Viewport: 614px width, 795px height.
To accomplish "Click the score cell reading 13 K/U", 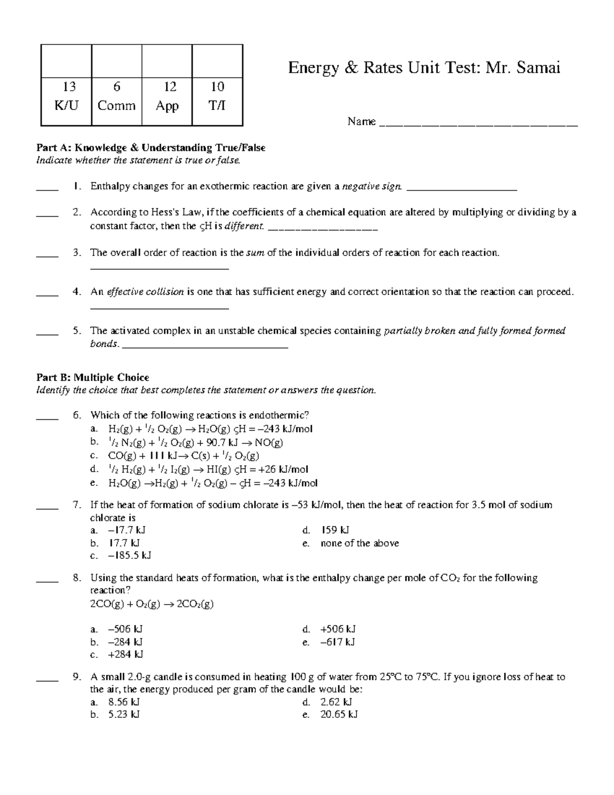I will [66, 96].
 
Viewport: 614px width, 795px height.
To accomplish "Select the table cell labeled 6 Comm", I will [117, 96].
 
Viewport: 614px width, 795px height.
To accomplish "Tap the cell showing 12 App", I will [167, 96].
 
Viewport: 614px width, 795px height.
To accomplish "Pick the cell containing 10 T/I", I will [217, 96].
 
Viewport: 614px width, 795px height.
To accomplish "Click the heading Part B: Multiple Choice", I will [93, 377].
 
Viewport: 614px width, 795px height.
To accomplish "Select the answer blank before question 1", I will [48, 187].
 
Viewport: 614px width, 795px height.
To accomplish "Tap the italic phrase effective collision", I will [145, 292].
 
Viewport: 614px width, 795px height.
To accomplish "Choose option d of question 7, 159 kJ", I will [335, 530].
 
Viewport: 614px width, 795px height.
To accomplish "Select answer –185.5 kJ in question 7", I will [129, 555].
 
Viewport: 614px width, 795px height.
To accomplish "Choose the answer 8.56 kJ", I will [124, 702].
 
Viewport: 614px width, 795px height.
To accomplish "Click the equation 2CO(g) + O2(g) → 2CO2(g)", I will [151, 604].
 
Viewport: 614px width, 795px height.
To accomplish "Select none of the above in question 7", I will [359, 543].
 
